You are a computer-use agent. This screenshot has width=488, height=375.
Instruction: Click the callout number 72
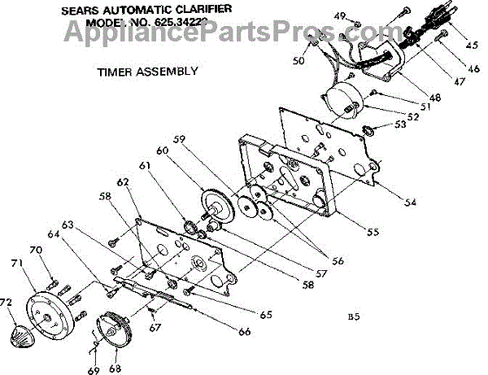click(x=7, y=303)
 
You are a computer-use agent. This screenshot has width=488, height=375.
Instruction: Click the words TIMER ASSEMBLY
click(x=147, y=71)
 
